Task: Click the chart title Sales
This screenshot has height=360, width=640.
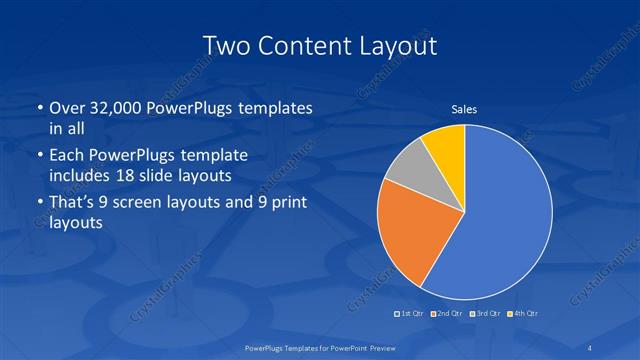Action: (463, 109)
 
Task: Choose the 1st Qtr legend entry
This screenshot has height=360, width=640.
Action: (411, 314)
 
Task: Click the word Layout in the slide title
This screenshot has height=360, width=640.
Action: (398, 45)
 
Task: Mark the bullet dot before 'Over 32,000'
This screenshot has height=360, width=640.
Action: (39, 108)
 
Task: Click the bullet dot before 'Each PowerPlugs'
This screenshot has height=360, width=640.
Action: (39, 157)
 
